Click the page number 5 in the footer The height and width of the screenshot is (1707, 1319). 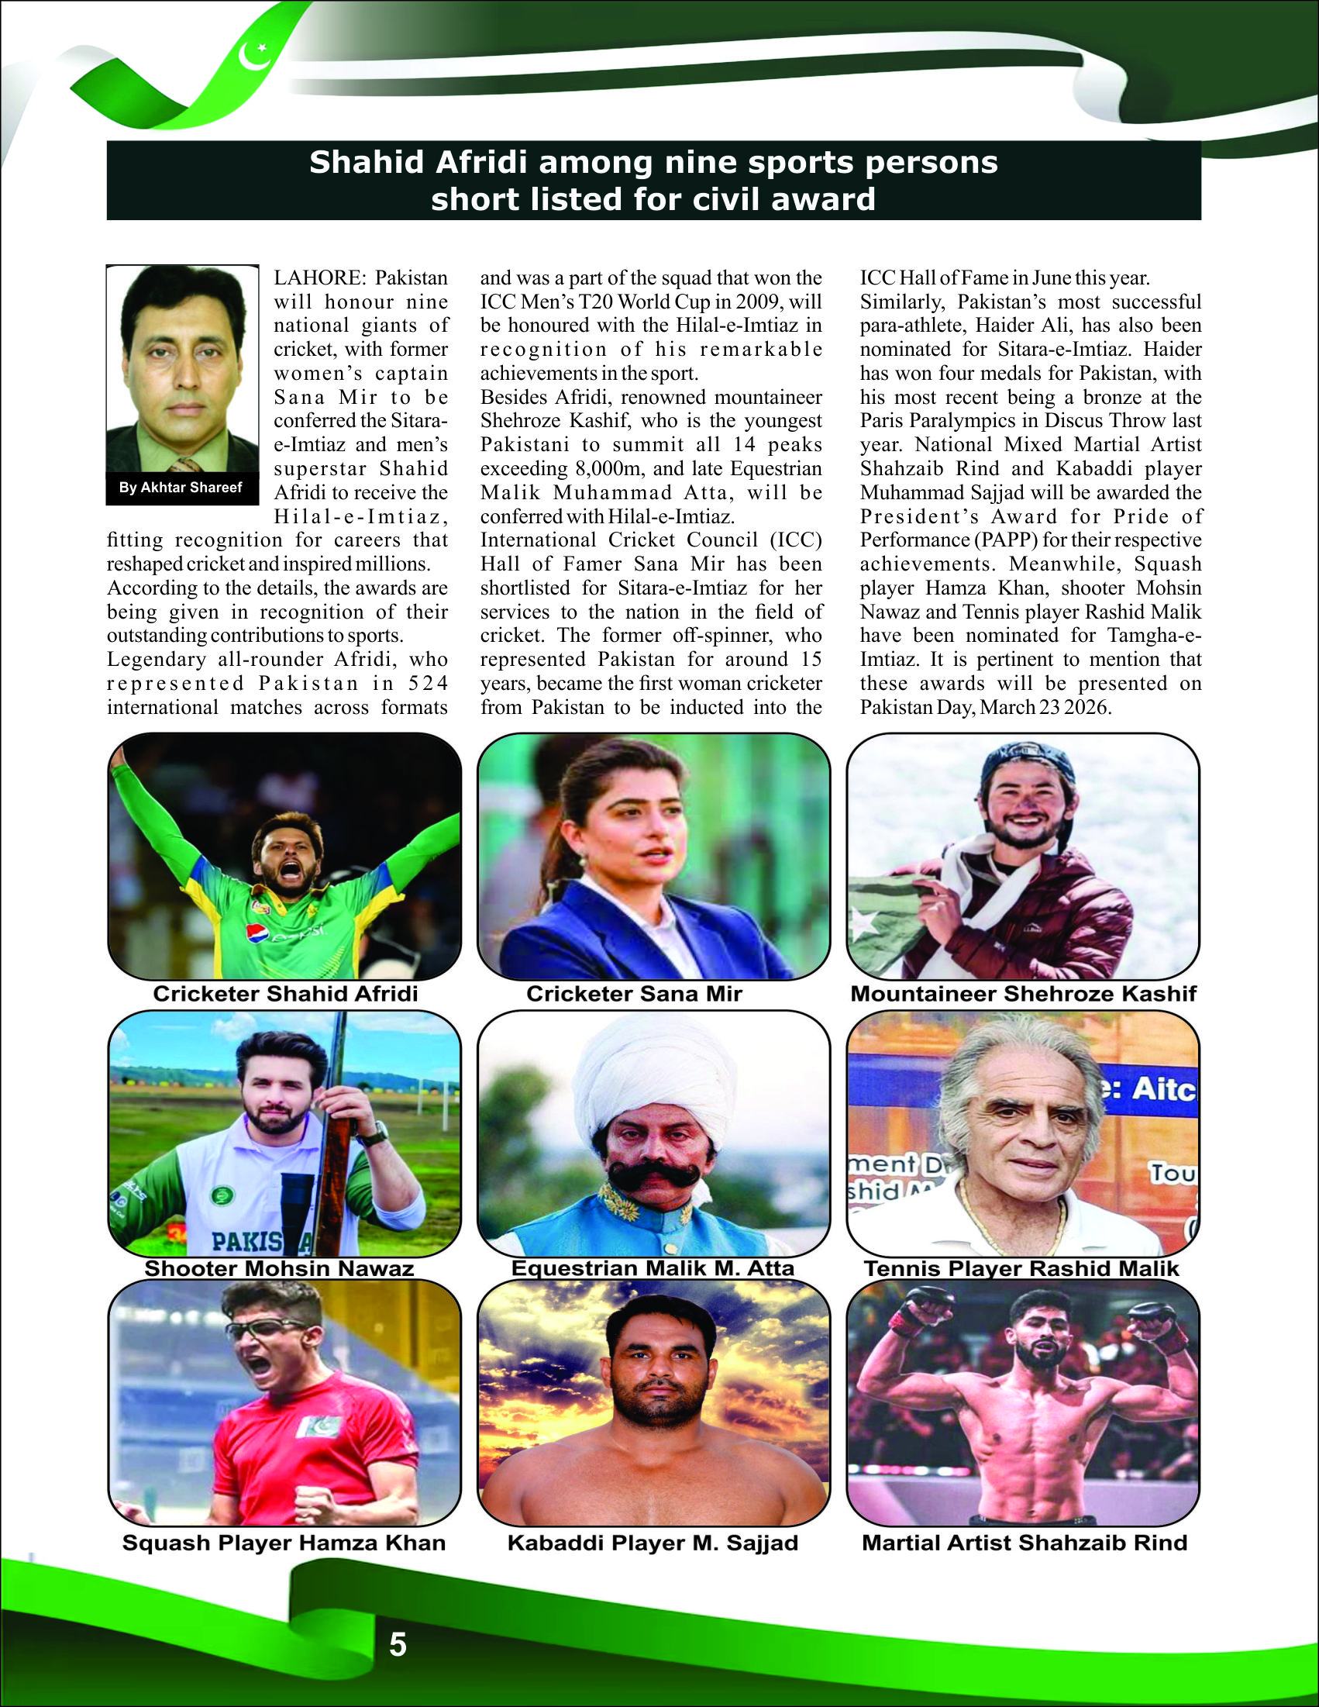coord(398,1644)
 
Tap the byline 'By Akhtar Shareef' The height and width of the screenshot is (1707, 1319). coord(181,488)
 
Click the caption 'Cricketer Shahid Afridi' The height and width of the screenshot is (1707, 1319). coord(285,993)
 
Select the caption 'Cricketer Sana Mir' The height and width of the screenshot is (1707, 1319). coord(634,993)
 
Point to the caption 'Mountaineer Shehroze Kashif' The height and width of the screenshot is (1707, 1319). coord(1023,993)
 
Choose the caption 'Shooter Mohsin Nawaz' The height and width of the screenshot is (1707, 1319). coord(279,1268)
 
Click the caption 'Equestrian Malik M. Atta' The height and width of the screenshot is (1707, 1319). coord(653,1267)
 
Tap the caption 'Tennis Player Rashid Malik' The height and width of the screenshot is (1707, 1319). coord(1021,1268)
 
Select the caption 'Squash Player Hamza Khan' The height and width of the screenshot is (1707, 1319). coord(284,1543)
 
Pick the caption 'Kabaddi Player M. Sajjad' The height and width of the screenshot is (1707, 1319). coord(653,1543)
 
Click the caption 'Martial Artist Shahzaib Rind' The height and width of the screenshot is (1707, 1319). coord(1025,1543)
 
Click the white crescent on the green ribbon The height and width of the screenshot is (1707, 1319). coord(253,56)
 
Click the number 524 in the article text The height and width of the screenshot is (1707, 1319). coord(429,683)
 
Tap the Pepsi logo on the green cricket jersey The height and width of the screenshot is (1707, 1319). coord(259,933)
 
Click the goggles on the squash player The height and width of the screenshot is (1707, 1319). coord(266,1328)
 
